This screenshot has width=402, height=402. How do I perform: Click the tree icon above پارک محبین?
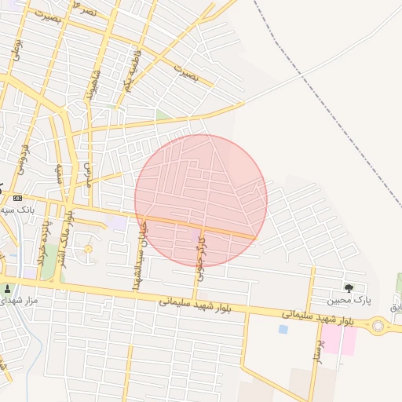click(349, 288)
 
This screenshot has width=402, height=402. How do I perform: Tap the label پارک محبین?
click(348, 300)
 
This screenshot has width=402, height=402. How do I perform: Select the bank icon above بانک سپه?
click(17, 198)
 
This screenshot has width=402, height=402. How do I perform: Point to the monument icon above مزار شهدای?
click(8, 288)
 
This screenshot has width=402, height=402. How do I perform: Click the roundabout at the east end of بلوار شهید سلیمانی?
click(380, 325)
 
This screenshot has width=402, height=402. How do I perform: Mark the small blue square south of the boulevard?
click(283, 329)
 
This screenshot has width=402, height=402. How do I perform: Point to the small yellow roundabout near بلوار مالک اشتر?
click(88, 250)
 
